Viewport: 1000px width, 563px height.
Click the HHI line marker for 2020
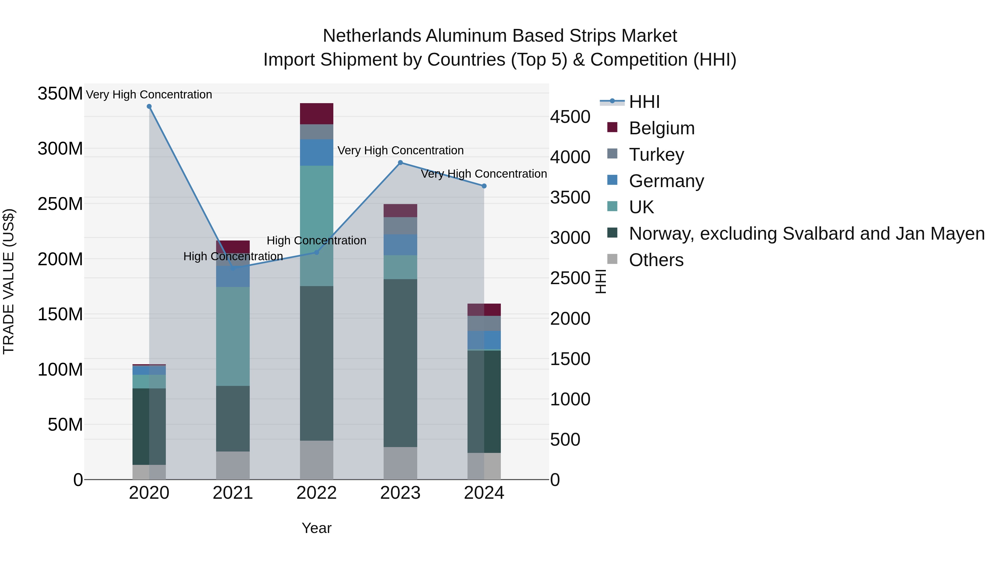[x=149, y=106]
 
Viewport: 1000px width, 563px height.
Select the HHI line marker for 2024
[x=484, y=186]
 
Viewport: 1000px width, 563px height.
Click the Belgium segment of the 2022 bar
[x=316, y=113]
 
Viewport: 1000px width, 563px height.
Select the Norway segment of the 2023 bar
[x=400, y=363]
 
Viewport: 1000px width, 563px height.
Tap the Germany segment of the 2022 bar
[x=316, y=152]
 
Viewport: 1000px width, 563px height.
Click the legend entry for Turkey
[x=656, y=155]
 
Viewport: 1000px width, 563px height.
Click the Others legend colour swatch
[x=612, y=259]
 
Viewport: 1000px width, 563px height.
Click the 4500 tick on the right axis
[x=570, y=117]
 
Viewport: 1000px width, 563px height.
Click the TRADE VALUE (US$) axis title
[x=9, y=281]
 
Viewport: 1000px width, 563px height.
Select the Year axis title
[x=316, y=528]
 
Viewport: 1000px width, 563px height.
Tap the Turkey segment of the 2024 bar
[x=484, y=323]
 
